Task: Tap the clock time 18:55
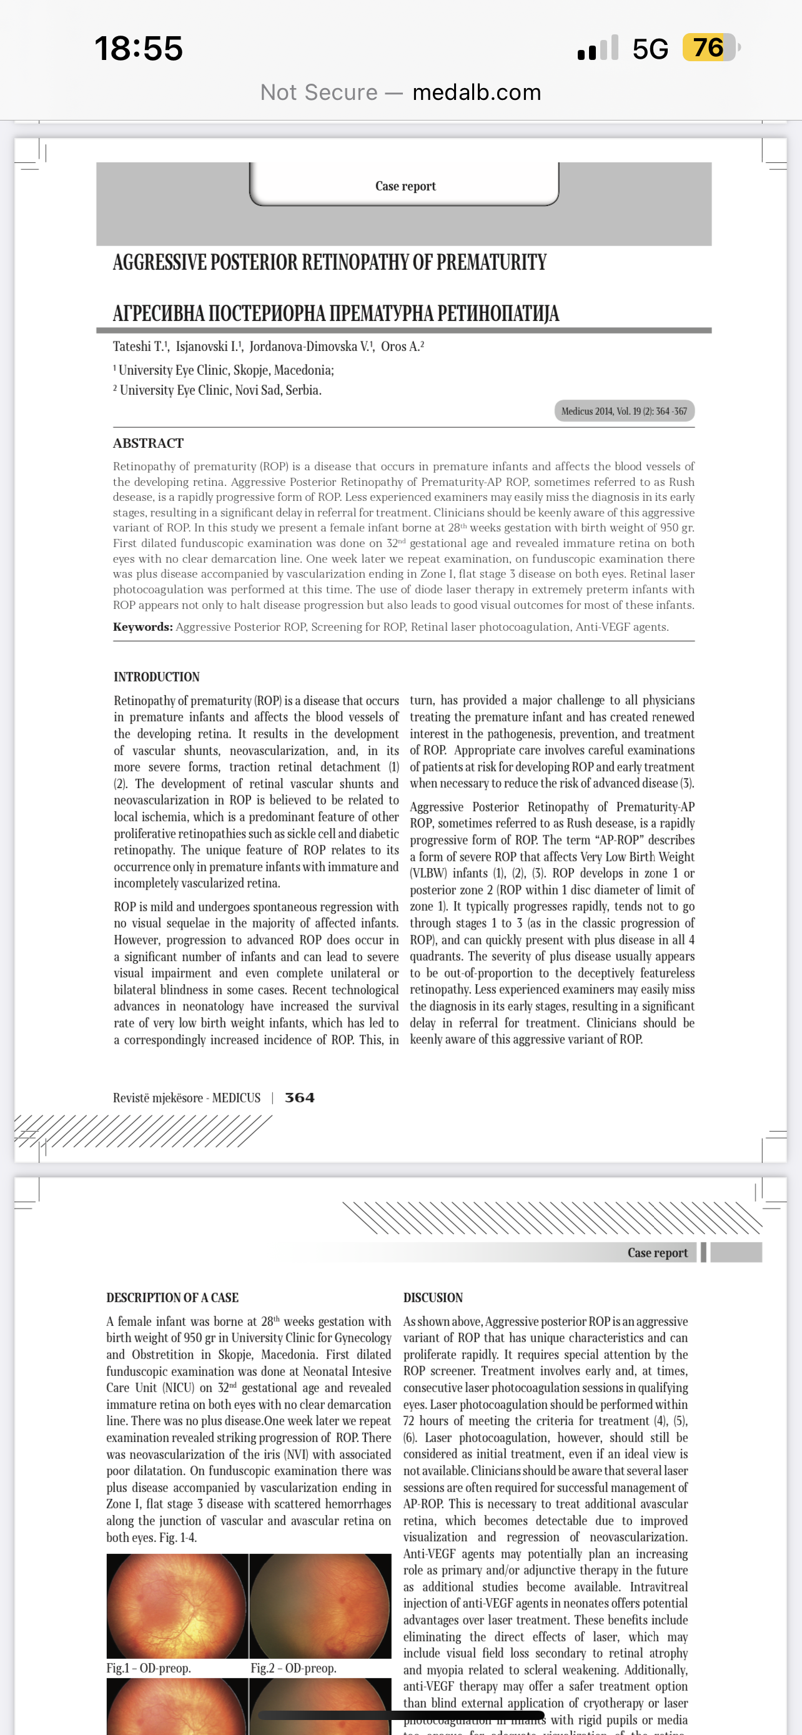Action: click(139, 49)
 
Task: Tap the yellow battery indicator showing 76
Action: click(708, 48)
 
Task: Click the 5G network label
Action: click(650, 49)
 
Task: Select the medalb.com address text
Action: click(476, 92)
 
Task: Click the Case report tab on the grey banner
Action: click(405, 186)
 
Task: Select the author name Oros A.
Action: click(402, 346)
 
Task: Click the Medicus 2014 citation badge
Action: click(623, 411)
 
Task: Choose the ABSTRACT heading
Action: click(148, 443)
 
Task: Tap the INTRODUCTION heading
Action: click(156, 677)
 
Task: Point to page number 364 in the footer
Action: click(300, 1097)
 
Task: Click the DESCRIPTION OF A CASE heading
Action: click(172, 1297)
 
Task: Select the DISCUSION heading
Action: click(433, 1297)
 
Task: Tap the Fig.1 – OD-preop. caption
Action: click(149, 1668)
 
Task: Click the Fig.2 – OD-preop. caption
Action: click(293, 1668)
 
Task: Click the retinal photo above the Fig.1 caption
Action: click(177, 1606)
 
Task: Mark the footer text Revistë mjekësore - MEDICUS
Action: click(187, 1098)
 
